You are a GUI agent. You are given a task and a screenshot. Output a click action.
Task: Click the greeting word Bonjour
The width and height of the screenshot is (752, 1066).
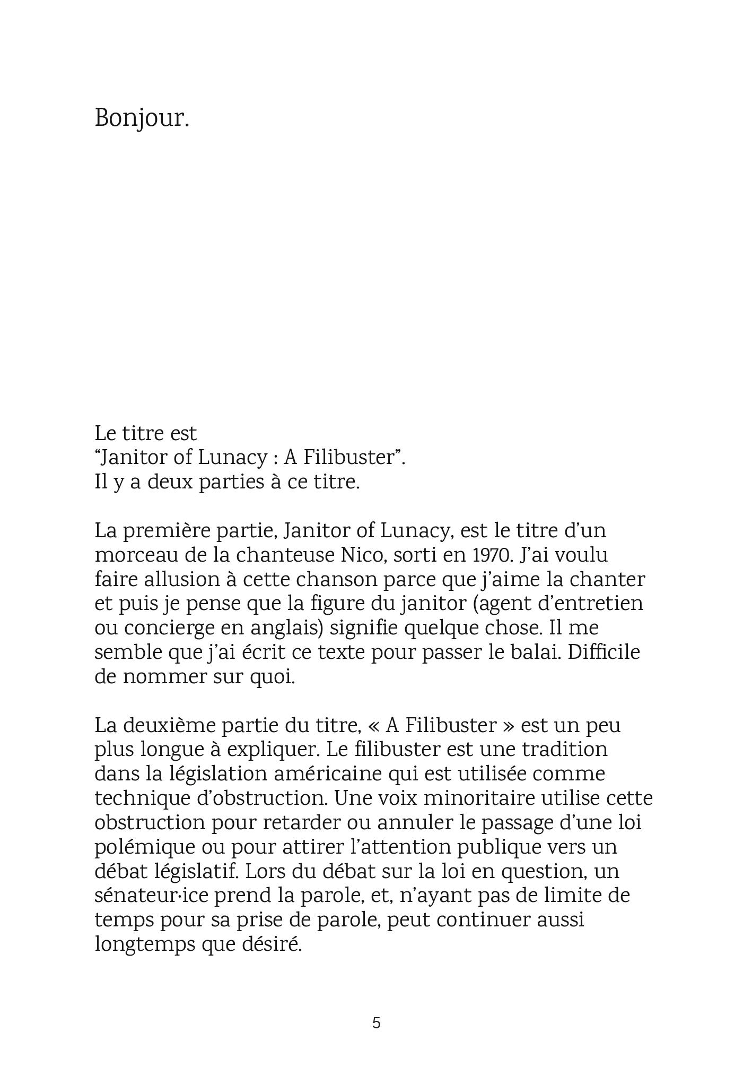(x=142, y=118)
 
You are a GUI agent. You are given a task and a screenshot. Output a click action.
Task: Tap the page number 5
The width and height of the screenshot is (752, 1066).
(x=376, y=1023)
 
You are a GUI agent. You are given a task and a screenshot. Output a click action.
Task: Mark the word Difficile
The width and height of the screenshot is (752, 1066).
(x=604, y=652)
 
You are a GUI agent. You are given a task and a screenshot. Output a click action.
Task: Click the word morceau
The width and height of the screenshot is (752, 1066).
(x=133, y=555)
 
